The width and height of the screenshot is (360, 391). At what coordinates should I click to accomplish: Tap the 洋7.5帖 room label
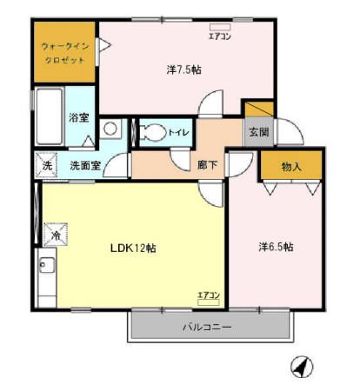(x=183, y=70)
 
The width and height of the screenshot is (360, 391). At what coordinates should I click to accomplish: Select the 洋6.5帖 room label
(x=276, y=248)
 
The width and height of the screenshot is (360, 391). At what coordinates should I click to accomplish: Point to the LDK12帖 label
(x=132, y=248)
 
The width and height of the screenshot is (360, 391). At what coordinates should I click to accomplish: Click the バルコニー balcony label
(x=207, y=328)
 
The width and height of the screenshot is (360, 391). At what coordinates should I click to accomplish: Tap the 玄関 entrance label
(x=257, y=132)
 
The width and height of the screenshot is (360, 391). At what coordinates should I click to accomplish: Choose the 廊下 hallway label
(x=207, y=163)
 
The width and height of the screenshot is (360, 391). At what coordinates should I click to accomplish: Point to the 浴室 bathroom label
(x=80, y=117)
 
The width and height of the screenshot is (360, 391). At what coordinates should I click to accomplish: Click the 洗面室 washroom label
(x=85, y=163)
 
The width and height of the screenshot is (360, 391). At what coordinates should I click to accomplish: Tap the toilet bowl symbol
(x=152, y=132)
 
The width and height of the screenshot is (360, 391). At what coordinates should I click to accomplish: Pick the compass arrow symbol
(x=300, y=368)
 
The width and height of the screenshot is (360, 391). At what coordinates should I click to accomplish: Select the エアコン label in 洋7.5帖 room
(x=219, y=36)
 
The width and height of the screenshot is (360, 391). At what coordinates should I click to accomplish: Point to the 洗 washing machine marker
(x=46, y=163)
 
